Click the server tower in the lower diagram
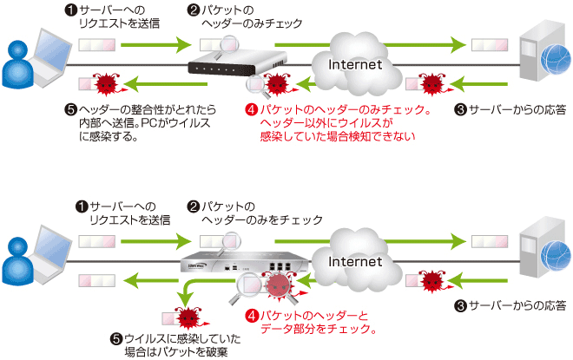point(538,255)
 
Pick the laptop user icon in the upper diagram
point(31,64)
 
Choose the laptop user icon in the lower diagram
point(31,260)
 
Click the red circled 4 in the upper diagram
point(252,110)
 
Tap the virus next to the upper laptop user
point(106,84)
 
